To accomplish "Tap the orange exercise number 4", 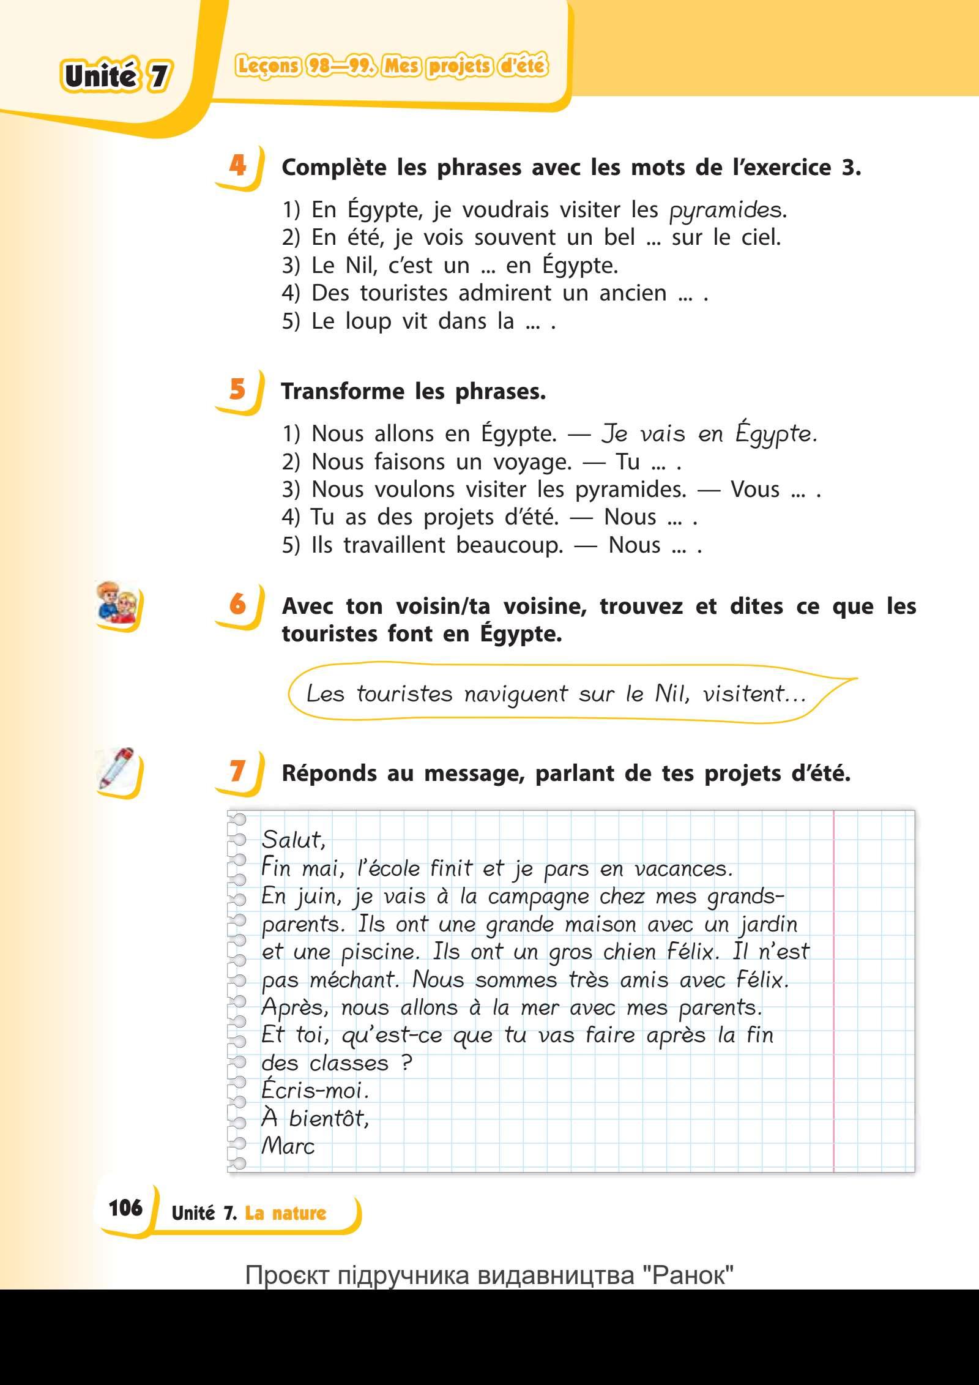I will (x=237, y=165).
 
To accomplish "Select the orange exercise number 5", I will (x=237, y=389).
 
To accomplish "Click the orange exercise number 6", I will (x=237, y=604).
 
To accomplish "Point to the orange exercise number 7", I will (x=237, y=771).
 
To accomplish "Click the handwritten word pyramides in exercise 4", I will (x=726, y=211).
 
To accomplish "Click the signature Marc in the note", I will (x=288, y=1146).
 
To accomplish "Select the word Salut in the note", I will (x=293, y=840).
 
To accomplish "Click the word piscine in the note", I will (x=379, y=952).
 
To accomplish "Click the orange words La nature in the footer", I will (x=286, y=1213).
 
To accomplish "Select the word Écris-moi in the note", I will (x=315, y=1091).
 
